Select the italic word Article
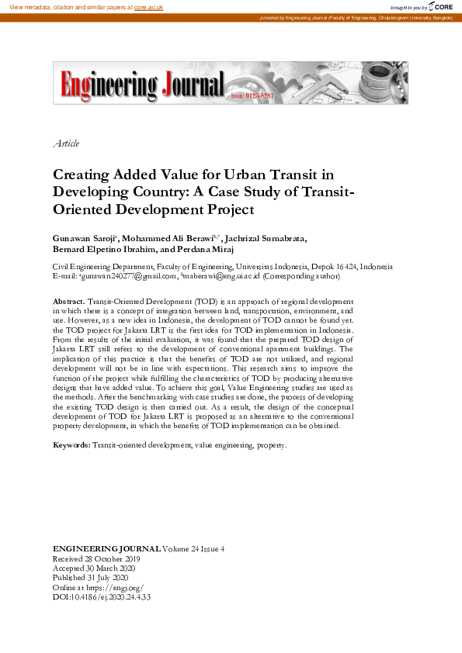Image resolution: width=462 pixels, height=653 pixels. pyautogui.click(x=66, y=143)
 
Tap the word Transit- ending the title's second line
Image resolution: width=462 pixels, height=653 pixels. pyautogui.click(x=326, y=192)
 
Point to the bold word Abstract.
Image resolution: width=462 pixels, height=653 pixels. pyautogui.click(x=69, y=300)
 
